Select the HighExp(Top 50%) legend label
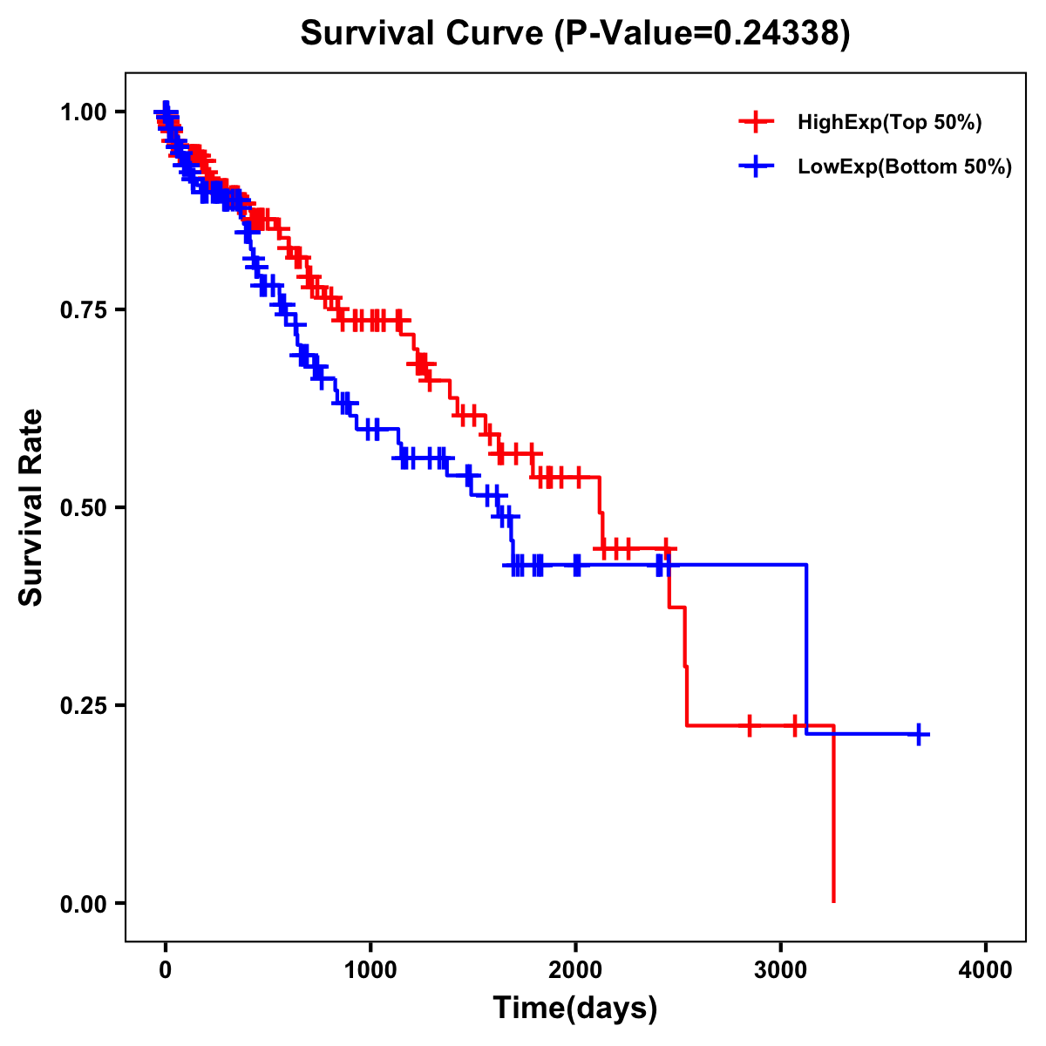(x=889, y=123)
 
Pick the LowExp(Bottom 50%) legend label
(x=904, y=167)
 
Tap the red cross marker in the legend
(x=757, y=122)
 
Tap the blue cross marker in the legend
(x=757, y=166)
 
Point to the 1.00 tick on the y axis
(x=85, y=112)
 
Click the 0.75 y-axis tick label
(x=85, y=310)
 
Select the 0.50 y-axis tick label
(x=85, y=508)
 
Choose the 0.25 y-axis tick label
(x=85, y=706)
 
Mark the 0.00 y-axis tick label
(x=85, y=904)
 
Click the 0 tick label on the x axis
(x=166, y=969)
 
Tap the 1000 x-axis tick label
(x=370, y=969)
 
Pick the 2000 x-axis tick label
(x=575, y=969)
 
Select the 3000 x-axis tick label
(x=781, y=969)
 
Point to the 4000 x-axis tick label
(x=986, y=969)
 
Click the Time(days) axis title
(x=575, y=1009)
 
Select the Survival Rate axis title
(x=31, y=507)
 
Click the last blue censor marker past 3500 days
(x=918, y=735)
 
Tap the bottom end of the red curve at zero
(x=833, y=900)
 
